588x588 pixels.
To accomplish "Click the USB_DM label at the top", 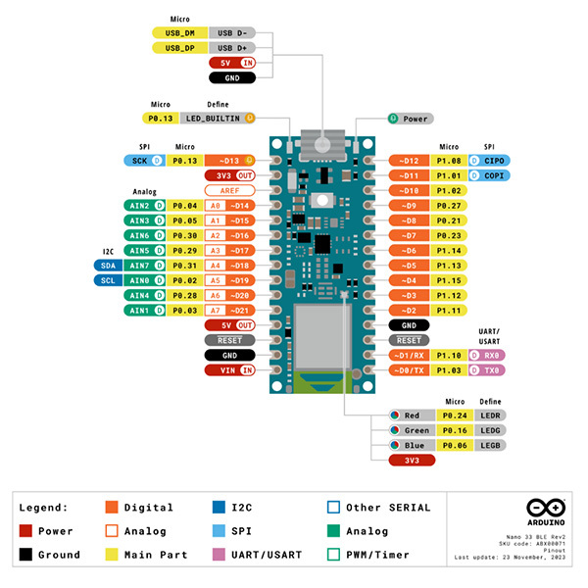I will click(179, 32).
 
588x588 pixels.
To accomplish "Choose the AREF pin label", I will click(229, 190).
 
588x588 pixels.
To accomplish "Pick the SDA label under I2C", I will click(109, 265).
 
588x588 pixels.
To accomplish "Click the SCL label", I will click(109, 280).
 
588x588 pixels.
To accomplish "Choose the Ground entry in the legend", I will click(60, 555).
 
